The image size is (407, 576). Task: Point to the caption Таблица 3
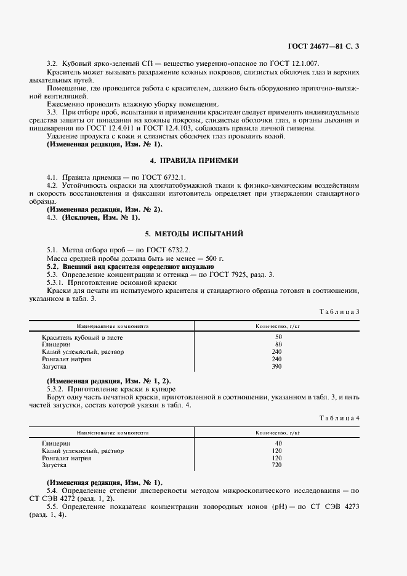click(x=339, y=311)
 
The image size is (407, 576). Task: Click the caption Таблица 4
click(x=339, y=418)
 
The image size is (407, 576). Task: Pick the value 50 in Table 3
click(x=277, y=337)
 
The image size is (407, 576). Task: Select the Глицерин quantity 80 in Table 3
click(x=277, y=345)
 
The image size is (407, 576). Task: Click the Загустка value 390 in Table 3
click(x=277, y=367)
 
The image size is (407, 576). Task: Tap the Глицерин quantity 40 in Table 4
click(x=277, y=444)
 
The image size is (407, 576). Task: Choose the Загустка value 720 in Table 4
click(x=277, y=466)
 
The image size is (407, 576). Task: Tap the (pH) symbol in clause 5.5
click(x=288, y=506)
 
